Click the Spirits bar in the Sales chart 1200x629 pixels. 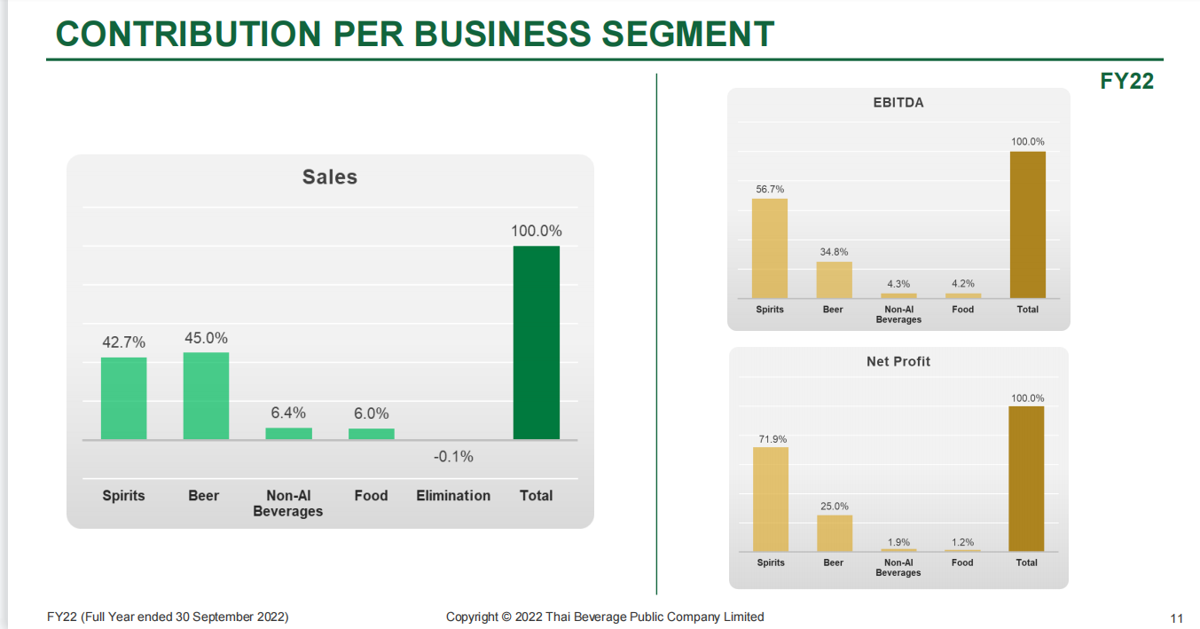(123, 398)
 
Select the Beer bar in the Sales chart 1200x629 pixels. (206, 396)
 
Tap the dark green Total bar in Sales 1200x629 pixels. (536, 342)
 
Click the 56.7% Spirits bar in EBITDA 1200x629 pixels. (769, 248)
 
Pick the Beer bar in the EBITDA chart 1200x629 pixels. (834, 280)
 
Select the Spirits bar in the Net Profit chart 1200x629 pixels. (770, 499)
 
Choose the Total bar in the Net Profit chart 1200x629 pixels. (1026, 479)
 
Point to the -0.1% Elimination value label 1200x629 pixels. (453, 457)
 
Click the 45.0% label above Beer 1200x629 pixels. (206, 338)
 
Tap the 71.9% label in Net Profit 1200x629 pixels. (770, 439)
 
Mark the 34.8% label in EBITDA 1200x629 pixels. (834, 253)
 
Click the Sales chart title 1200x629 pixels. (330, 177)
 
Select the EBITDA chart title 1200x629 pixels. (898, 103)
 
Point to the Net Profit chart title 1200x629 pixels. (898, 362)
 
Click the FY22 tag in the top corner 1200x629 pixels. (1126, 81)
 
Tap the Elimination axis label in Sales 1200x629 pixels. (453, 496)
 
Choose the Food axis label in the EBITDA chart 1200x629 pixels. (962, 310)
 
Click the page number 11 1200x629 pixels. (1177, 618)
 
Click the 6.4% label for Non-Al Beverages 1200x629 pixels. (288, 413)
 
